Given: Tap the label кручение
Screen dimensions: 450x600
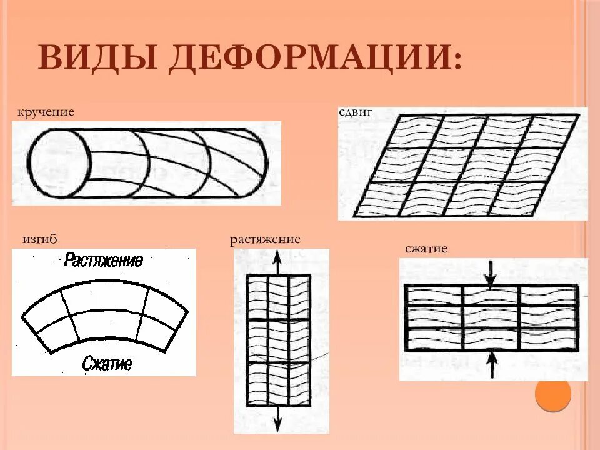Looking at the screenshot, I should pyautogui.click(x=46, y=112).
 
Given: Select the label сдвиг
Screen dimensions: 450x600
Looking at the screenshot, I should pyautogui.click(x=355, y=112).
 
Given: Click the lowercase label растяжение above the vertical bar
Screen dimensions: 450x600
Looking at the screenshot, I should pyautogui.click(x=265, y=239).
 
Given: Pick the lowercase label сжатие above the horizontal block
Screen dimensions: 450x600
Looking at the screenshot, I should pyautogui.click(x=426, y=249).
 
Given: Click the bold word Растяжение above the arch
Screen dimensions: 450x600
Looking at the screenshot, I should pyautogui.click(x=104, y=261).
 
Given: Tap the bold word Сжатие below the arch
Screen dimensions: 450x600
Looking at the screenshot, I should pyautogui.click(x=107, y=362).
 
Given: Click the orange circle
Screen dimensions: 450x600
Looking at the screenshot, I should pyautogui.click(x=553, y=394).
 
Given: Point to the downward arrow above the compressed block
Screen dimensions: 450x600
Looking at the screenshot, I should pyautogui.click(x=491, y=274).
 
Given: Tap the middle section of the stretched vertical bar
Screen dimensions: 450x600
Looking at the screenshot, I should pyautogui.click(x=279, y=341).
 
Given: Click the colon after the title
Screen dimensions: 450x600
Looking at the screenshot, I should pyautogui.click(x=458, y=61).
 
